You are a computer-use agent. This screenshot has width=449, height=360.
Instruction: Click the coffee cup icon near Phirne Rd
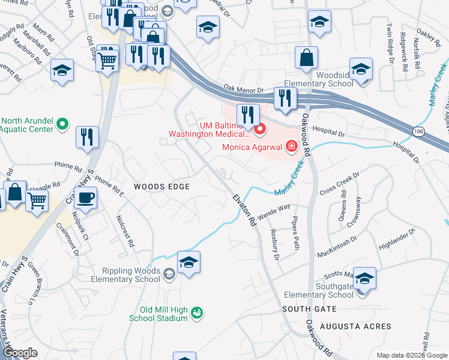click(87, 197)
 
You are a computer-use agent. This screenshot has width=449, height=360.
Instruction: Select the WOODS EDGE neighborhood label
click(161, 187)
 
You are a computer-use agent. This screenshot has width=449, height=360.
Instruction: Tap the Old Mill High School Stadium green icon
click(197, 312)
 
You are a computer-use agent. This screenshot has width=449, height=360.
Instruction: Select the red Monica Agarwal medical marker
click(291, 146)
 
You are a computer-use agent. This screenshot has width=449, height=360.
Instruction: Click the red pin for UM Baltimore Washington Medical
click(259, 128)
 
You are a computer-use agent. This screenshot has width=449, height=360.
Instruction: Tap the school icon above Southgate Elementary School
click(364, 278)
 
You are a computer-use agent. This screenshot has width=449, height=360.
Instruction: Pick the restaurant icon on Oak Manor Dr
click(284, 98)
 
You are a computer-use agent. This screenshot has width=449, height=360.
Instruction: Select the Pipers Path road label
click(295, 233)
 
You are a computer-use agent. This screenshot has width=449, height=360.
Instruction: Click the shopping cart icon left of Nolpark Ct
click(37, 200)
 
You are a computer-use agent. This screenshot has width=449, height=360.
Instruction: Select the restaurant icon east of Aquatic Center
click(87, 137)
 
